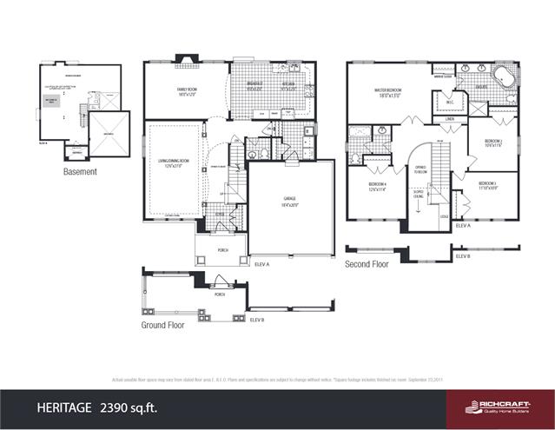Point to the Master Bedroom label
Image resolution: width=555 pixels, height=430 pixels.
[387, 90]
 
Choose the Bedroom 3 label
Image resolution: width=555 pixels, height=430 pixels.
[487, 185]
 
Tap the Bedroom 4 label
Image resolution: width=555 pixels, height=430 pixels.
[377, 185]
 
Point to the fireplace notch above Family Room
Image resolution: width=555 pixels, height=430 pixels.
[187, 59]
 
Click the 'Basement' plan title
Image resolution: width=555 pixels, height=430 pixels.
[80, 172]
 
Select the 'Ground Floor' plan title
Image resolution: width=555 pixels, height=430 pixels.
[163, 325]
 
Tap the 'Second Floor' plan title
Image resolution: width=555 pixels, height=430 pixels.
[367, 264]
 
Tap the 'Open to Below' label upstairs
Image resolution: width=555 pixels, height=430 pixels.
[420, 170]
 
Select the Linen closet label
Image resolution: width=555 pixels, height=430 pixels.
[450, 119]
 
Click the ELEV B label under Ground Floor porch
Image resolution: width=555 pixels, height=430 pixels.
[256, 321]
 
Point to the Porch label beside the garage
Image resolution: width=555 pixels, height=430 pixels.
[222, 249]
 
